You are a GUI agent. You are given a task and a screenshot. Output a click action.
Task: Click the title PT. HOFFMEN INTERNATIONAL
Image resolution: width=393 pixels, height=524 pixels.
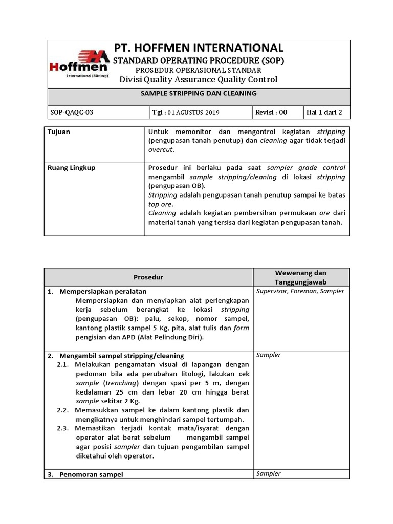point(198,48)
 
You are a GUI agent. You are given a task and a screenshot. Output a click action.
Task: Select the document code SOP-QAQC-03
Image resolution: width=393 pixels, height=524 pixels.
point(70,113)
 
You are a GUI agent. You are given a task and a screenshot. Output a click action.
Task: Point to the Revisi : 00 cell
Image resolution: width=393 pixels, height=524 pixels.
point(271,113)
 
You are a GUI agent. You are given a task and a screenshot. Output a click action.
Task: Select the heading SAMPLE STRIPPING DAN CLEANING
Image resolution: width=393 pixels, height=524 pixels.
point(199,94)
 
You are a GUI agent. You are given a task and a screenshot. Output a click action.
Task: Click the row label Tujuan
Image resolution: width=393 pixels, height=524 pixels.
point(59,132)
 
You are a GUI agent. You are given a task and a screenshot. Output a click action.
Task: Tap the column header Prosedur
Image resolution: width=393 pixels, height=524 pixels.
point(148,277)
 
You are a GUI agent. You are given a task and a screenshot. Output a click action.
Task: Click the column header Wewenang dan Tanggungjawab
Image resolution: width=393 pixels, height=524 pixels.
point(301,277)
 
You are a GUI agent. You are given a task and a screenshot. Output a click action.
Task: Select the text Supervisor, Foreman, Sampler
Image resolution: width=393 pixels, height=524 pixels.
point(300,291)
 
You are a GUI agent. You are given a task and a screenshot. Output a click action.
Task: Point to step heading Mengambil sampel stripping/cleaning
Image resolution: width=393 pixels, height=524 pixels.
point(121,355)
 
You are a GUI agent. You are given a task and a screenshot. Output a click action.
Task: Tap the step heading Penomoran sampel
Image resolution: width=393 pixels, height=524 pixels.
point(91,474)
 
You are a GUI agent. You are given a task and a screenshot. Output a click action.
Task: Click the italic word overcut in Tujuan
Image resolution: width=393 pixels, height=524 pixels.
point(161,150)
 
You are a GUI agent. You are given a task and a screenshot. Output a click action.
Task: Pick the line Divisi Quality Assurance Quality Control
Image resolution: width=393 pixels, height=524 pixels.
point(198,79)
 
